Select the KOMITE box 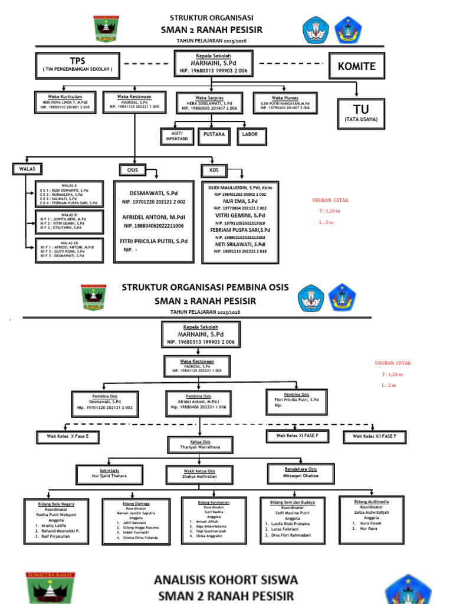(x=356, y=67)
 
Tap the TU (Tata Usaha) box (x=361, y=113)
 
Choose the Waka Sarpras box (x=209, y=103)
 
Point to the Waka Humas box (x=285, y=102)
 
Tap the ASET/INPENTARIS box (x=176, y=136)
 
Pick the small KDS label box (x=214, y=170)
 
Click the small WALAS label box (x=27, y=170)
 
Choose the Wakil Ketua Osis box (x=199, y=473)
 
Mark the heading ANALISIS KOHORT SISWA (x=226, y=579)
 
